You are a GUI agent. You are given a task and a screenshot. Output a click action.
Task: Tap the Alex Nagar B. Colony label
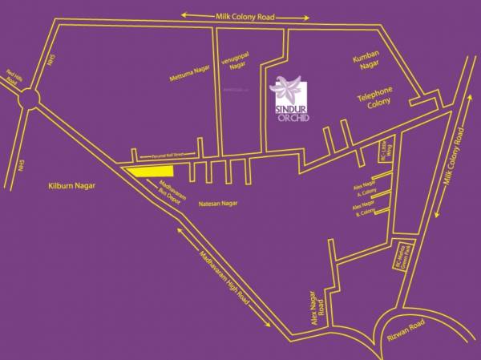tap(364, 209)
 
